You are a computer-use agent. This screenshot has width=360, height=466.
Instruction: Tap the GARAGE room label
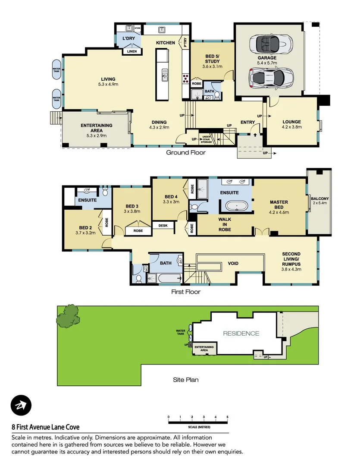coord(267,60)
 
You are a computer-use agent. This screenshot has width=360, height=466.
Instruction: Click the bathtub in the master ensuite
coord(235,206)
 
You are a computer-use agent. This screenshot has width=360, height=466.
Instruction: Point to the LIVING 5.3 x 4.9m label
coord(108,82)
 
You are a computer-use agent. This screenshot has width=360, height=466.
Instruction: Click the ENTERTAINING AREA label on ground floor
coord(97,130)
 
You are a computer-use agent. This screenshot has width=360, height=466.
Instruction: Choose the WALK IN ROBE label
coord(225,224)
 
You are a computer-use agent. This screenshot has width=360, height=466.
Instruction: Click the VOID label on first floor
coord(233,263)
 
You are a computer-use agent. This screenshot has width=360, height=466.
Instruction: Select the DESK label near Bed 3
coord(163,225)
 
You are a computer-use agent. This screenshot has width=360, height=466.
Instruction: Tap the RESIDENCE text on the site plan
coord(241,333)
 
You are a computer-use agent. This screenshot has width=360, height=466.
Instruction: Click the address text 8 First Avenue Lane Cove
coord(45,427)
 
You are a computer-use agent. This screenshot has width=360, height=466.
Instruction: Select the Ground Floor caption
coord(186,152)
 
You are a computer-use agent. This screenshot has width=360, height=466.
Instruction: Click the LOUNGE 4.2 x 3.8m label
coord(291,124)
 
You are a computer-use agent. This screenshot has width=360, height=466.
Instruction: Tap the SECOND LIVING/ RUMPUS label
coord(291,261)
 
